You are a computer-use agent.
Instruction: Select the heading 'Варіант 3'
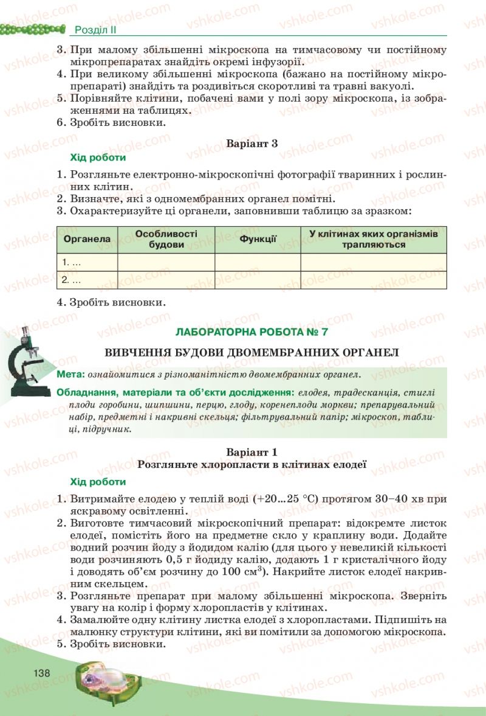252,144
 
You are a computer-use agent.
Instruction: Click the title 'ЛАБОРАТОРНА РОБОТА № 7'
252,332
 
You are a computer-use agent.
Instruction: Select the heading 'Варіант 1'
252,452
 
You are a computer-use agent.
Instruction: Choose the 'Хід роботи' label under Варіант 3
98,158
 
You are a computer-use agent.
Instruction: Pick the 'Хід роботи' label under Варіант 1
98,481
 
